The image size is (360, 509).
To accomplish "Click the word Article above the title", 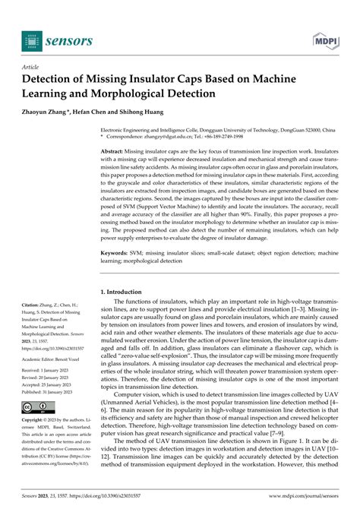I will pyautogui.click(x=32, y=67).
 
